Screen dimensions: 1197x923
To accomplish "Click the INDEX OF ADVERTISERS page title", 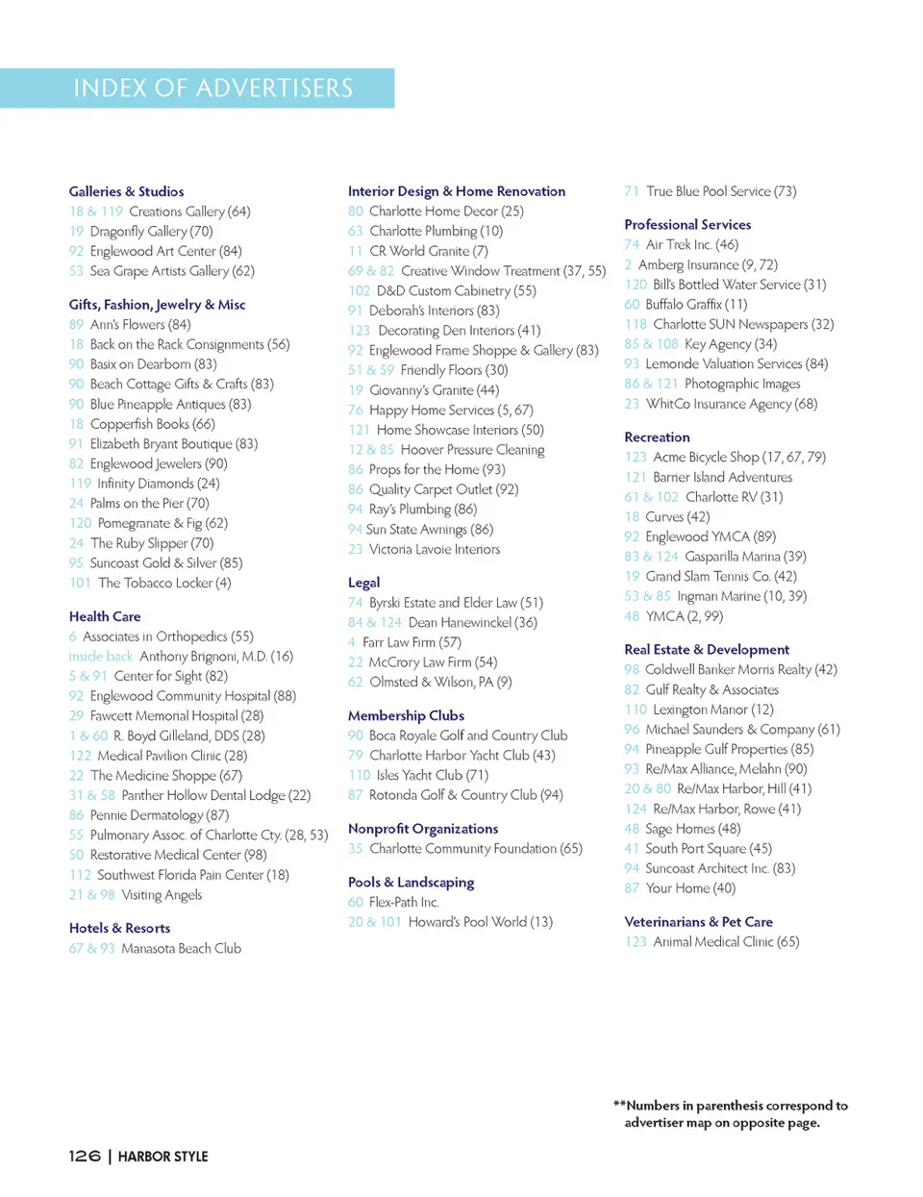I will point(213,88).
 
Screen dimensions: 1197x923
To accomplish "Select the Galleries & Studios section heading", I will point(126,191).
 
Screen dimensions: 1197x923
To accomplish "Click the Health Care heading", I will point(105,616).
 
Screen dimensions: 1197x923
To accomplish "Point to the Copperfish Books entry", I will point(152,424).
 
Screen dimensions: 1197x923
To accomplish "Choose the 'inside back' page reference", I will point(100,657).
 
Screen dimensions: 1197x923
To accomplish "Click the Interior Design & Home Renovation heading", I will point(457,191).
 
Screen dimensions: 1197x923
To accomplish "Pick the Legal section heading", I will point(363,583).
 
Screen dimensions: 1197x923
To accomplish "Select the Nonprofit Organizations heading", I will point(423,829).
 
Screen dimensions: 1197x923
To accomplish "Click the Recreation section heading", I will point(657,437).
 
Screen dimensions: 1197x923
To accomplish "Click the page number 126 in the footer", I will point(85,1156).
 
